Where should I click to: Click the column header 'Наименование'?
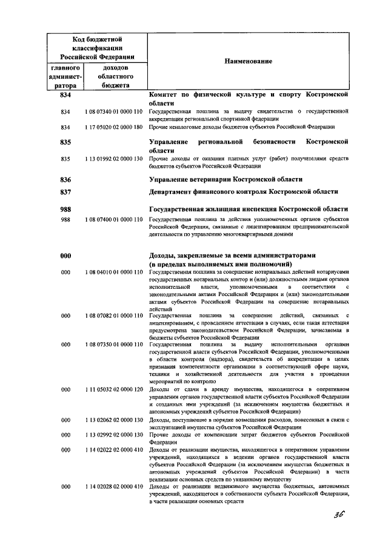pos(248,61)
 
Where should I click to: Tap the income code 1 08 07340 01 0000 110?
pos(114,111)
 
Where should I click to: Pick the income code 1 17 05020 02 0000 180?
pos(114,127)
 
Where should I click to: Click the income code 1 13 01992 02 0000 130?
pos(114,159)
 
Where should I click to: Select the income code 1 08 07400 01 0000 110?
pos(114,221)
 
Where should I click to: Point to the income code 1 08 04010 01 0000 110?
pos(114,274)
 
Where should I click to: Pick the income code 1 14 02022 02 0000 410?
pos(114,450)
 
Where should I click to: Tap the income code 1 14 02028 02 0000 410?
pos(114,487)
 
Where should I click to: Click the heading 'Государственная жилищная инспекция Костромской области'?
pos(249,208)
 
